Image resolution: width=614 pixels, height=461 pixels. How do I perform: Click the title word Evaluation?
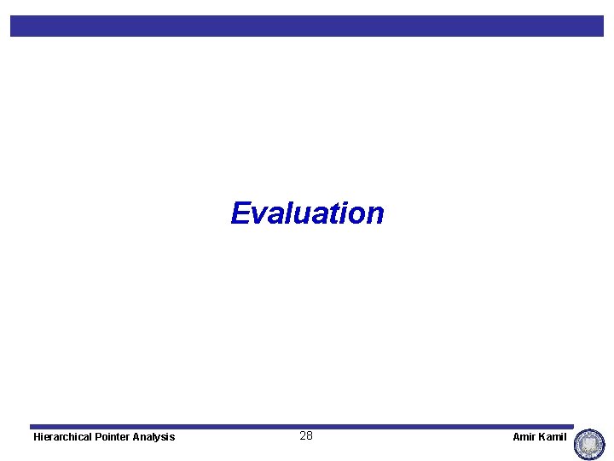307,213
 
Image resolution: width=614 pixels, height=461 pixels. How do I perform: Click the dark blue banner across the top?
307,26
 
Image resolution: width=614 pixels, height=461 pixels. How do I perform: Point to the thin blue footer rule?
302,426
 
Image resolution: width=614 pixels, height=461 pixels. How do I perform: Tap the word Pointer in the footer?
117,437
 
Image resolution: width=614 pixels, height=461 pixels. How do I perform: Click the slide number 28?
306,436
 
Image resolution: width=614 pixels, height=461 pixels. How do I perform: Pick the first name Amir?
523,437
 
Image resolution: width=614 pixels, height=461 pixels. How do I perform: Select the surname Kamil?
553,437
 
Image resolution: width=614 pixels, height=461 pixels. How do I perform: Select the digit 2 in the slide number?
303,436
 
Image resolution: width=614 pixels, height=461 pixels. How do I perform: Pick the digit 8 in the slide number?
310,436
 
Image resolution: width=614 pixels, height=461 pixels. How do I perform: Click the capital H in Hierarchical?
37,437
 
